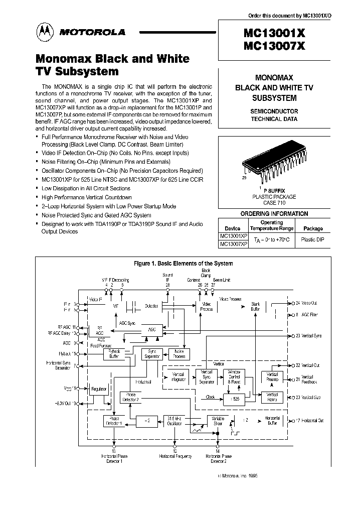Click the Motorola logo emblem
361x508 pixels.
(47, 33)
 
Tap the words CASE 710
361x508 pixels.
(274, 203)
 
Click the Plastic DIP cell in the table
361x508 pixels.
(312, 240)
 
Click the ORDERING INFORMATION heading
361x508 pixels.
(274, 213)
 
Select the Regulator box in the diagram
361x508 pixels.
(99, 389)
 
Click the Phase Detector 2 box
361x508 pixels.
(130, 398)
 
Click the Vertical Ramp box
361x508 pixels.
(272, 397)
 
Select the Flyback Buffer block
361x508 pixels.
(113, 354)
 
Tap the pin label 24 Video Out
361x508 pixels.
(306, 303)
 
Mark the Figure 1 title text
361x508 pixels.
(182, 263)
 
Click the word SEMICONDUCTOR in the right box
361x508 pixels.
(274, 111)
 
